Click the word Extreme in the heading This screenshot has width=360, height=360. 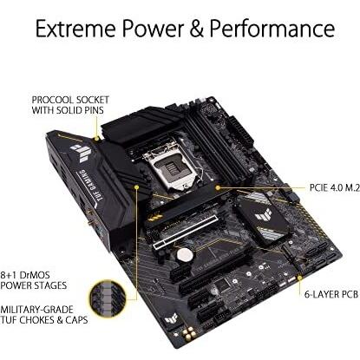[75, 29]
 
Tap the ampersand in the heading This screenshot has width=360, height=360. [197, 29]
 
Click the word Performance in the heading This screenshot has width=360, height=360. [272, 29]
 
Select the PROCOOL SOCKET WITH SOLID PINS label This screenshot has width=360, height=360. [70, 105]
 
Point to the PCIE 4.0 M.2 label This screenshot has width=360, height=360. [335, 187]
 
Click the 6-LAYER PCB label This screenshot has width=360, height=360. [331, 294]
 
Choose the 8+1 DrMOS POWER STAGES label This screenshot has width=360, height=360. [33, 280]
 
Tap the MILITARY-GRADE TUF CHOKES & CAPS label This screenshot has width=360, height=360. [43, 315]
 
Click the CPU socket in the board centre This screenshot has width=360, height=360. [172, 167]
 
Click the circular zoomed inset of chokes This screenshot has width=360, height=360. [108, 295]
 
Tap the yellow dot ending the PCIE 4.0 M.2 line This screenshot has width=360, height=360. [218, 187]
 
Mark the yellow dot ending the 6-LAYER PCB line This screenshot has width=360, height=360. [300, 278]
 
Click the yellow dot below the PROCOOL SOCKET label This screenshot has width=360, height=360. [97, 139]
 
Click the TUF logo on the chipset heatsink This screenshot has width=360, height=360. [263, 215]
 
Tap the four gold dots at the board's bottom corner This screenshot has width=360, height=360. [188, 332]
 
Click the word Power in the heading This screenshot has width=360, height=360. [153, 29]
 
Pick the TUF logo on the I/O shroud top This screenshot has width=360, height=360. [81, 153]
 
